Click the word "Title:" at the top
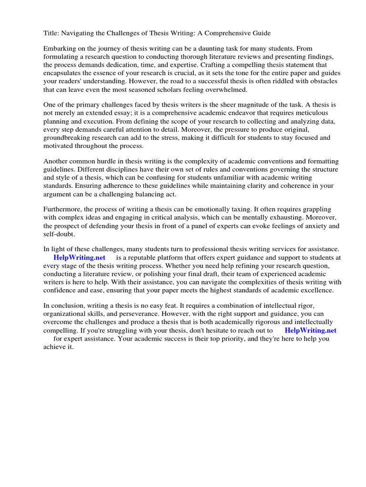pos(52,33)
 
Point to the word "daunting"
pos(202,49)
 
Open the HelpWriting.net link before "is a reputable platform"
pos(79,257)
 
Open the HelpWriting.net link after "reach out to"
pos(310,330)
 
